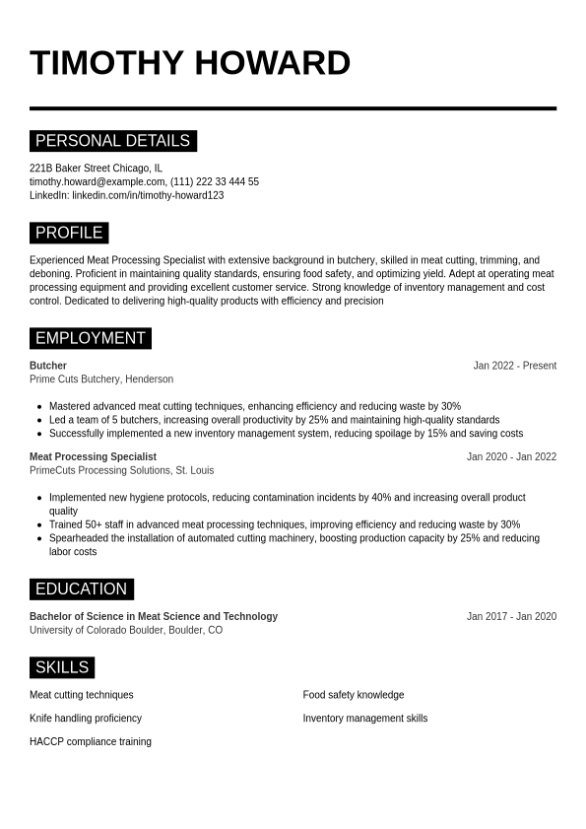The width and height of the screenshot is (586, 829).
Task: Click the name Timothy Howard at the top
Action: [x=190, y=62]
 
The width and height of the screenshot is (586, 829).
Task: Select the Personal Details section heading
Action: [x=112, y=141]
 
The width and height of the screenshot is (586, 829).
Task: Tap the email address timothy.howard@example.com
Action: [x=97, y=181]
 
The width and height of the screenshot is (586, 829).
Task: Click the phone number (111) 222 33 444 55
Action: [x=215, y=181]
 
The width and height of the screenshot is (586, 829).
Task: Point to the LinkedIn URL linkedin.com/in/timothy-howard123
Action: [x=148, y=195]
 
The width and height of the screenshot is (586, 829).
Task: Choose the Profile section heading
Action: [x=69, y=233]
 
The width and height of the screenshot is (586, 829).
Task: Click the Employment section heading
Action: [x=90, y=338]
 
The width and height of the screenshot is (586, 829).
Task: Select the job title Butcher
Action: [x=48, y=366]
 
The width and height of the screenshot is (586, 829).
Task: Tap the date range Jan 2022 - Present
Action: [x=514, y=366]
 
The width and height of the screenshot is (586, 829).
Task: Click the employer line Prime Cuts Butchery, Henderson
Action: [x=101, y=380]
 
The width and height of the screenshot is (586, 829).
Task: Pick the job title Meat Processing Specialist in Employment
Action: [x=93, y=456]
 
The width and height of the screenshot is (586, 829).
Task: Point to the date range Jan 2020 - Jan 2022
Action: [x=511, y=456]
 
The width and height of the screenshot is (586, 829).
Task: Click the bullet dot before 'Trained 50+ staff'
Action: [x=38, y=525]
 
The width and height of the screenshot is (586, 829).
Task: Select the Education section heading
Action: [x=81, y=589]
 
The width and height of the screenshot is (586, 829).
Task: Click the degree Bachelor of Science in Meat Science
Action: [x=154, y=617]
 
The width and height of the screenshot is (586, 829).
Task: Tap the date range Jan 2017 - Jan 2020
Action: [x=511, y=617]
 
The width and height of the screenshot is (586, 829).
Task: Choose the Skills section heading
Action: [x=62, y=667]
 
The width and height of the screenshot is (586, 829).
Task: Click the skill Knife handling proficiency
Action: [x=86, y=719]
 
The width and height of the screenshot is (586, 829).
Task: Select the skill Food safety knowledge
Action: [x=354, y=695]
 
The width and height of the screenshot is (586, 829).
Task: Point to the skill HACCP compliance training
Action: [x=91, y=741]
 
